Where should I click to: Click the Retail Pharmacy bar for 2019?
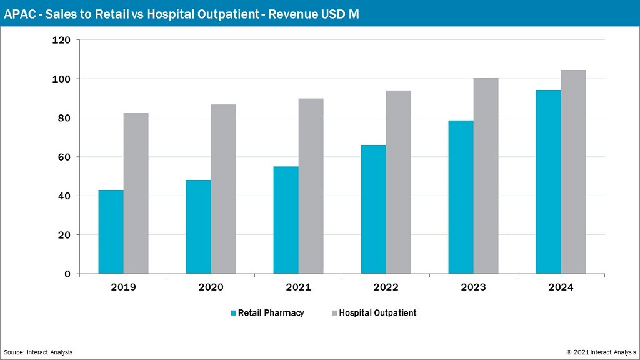[x=111, y=232]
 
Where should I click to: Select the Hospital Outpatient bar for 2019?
[x=136, y=193]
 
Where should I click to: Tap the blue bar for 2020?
[x=198, y=227]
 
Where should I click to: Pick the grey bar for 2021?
[x=311, y=186]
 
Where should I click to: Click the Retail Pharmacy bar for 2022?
[x=373, y=209]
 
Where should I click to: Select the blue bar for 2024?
[x=548, y=182]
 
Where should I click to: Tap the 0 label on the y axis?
[x=67, y=274]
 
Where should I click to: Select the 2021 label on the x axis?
[x=298, y=287]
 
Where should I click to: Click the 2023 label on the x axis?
[x=473, y=287]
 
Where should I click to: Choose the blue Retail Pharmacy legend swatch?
[x=233, y=313]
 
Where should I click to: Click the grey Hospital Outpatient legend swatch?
[x=333, y=313]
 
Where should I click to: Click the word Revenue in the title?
[x=296, y=13]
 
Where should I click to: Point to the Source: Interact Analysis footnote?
[x=38, y=352]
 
